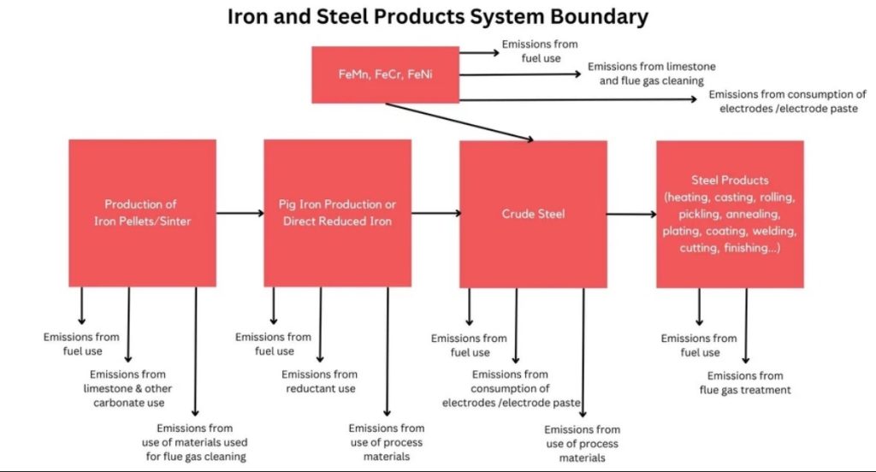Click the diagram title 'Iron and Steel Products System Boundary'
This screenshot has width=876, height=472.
(437, 16)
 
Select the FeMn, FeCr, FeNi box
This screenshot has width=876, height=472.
(385, 74)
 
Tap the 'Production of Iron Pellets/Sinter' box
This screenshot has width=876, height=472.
(142, 213)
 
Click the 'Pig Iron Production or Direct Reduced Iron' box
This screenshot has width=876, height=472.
(337, 213)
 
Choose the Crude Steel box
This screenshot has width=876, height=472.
(533, 213)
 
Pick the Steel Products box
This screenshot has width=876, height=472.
(730, 213)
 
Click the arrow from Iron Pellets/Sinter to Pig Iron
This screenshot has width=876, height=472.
(240, 213)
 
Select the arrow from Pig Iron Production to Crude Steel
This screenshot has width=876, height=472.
(435, 213)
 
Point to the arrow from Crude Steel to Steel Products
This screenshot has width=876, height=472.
(631, 213)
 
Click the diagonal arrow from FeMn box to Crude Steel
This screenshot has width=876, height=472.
(459, 121)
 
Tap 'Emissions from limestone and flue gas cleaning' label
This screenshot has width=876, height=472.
(651, 74)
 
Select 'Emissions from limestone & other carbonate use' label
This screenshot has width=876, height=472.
(128, 388)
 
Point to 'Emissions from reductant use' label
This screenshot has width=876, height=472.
(319, 381)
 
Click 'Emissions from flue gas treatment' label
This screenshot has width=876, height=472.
(745, 382)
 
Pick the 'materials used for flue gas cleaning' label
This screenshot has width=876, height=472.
(194, 442)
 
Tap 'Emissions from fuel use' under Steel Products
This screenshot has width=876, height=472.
(699, 345)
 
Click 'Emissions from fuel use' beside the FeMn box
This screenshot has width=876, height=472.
(540, 50)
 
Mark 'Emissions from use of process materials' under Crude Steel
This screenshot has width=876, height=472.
(582, 443)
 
